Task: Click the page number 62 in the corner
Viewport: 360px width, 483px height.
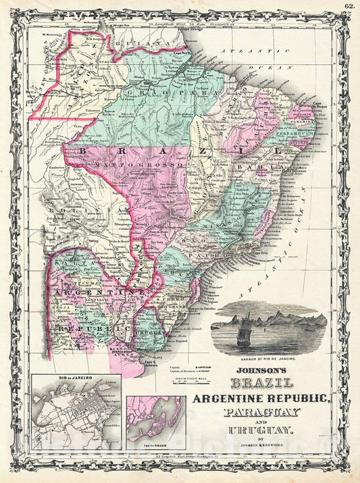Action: [349, 6]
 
